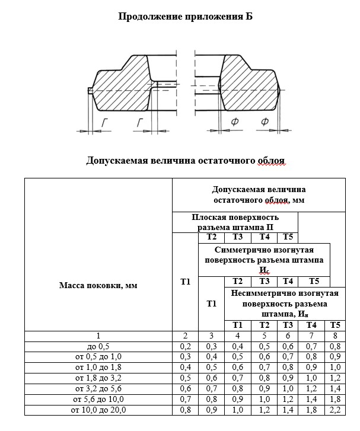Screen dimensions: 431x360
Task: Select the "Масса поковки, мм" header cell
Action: (x=98, y=285)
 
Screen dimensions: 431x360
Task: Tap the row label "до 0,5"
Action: (x=98, y=346)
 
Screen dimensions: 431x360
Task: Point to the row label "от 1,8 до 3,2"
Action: (x=98, y=377)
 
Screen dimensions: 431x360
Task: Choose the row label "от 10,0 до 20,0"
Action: (x=98, y=409)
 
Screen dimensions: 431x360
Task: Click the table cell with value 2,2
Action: (x=336, y=409)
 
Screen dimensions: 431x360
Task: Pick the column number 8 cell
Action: (x=336, y=335)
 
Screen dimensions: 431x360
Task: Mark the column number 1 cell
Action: (x=98, y=335)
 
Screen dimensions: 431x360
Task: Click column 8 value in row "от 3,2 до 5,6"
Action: (x=336, y=388)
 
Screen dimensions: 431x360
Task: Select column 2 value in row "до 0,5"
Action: (x=185, y=346)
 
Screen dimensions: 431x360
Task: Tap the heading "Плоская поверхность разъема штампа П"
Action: (x=235, y=222)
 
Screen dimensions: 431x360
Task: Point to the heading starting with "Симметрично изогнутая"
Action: (x=264, y=259)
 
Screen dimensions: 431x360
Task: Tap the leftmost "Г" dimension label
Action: (x=104, y=122)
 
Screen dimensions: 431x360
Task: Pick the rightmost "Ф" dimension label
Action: (x=264, y=122)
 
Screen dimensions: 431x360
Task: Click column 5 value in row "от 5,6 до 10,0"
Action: (x=265, y=398)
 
